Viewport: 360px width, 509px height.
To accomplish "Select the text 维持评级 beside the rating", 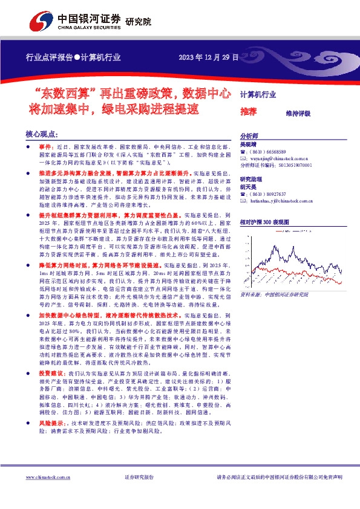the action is [298, 113].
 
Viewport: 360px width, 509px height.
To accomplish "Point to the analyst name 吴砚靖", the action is [248, 145].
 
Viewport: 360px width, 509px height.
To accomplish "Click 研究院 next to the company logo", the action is [138, 22].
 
